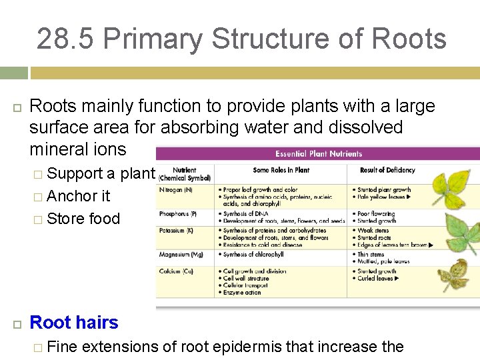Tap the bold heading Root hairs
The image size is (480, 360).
click(74, 323)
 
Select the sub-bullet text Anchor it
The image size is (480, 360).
click(79, 196)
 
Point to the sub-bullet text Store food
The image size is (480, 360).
click(83, 219)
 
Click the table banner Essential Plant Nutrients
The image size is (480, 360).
click(318, 154)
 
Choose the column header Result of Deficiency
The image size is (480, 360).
click(387, 170)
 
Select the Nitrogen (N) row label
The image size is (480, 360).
click(177, 190)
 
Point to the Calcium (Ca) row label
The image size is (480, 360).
click(175, 271)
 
